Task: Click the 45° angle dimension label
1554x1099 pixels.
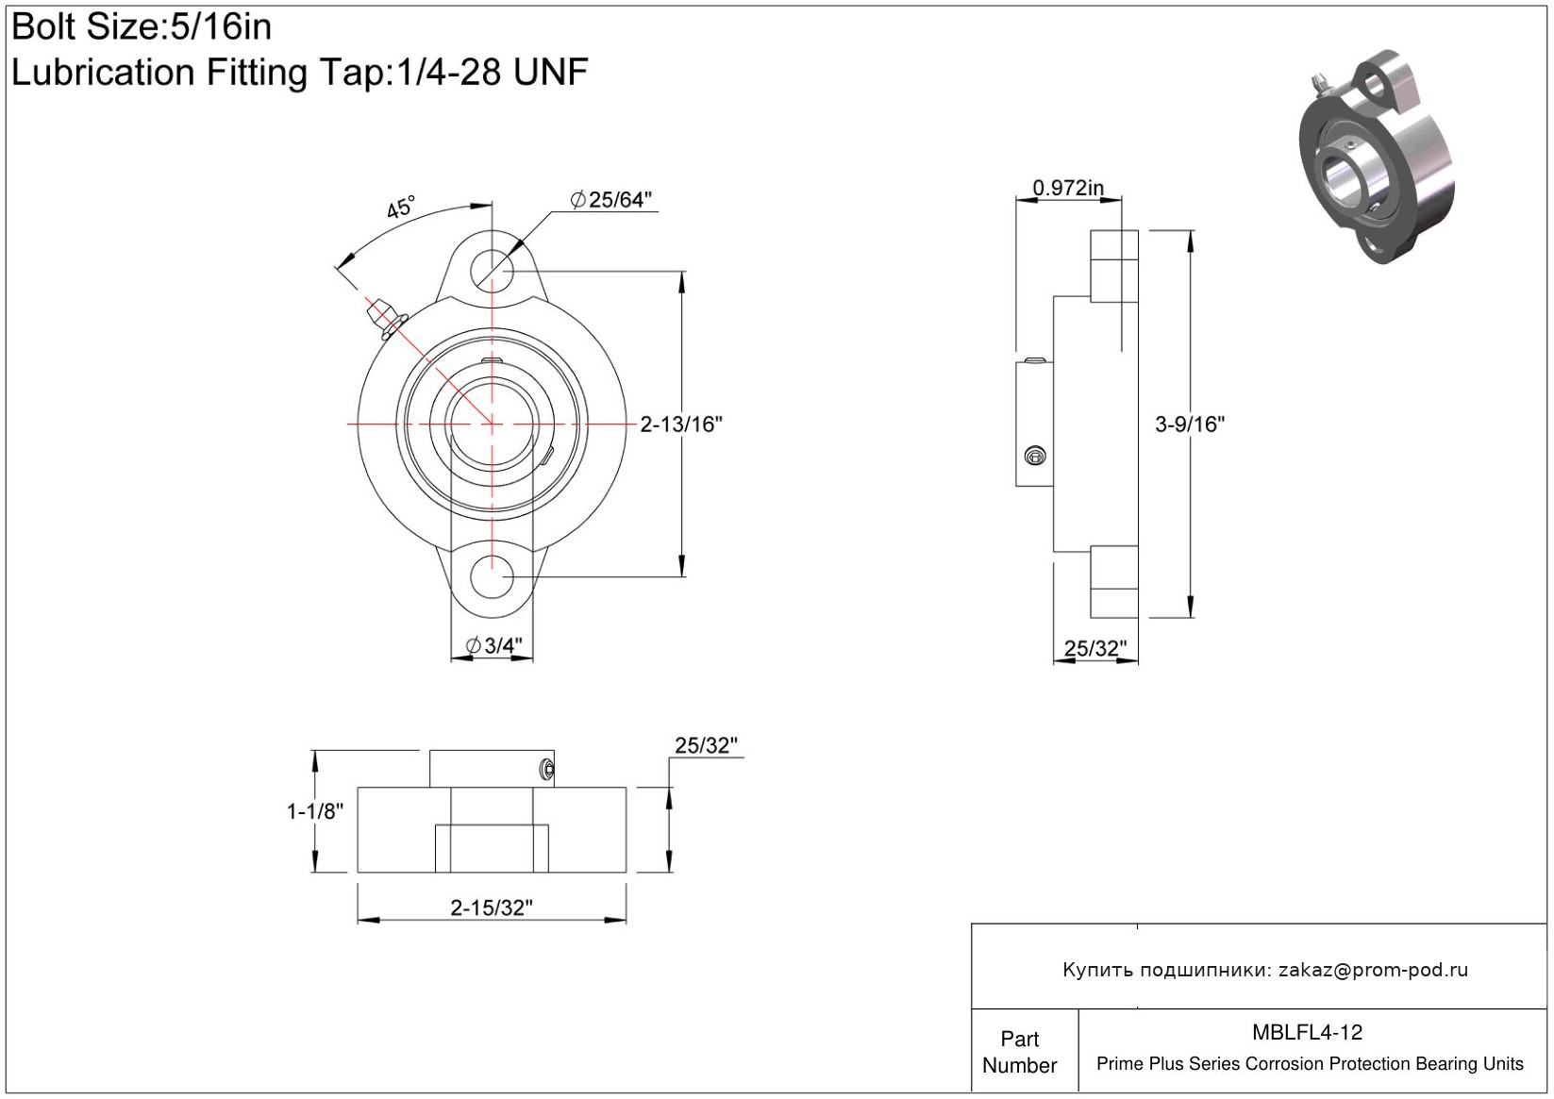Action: [x=400, y=206]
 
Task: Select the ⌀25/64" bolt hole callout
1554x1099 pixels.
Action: [x=610, y=200]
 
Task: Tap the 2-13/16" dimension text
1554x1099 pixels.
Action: [x=681, y=424]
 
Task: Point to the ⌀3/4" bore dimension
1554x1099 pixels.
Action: [x=493, y=645]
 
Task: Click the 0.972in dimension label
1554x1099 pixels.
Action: [x=1068, y=188]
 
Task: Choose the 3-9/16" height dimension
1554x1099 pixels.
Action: [x=1190, y=424]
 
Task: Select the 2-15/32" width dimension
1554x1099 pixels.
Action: [x=492, y=908]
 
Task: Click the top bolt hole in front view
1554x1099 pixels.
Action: [x=492, y=271]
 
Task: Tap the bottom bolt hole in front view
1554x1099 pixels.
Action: [x=492, y=576]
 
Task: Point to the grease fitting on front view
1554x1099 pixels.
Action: [x=386, y=319]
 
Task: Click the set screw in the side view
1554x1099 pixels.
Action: [x=1035, y=456]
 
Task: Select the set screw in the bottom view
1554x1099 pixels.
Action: [x=547, y=769]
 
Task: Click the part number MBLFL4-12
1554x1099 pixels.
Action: [x=1307, y=1032]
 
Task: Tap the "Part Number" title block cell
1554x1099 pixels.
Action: [x=1019, y=1052]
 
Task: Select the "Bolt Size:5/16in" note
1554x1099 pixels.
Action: [x=142, y=27]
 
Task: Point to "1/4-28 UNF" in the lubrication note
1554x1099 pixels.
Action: [x=492, y=72]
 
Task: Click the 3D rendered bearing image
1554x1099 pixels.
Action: [x=1376, y=157]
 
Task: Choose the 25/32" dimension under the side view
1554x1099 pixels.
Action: [x=1095, y=648]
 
